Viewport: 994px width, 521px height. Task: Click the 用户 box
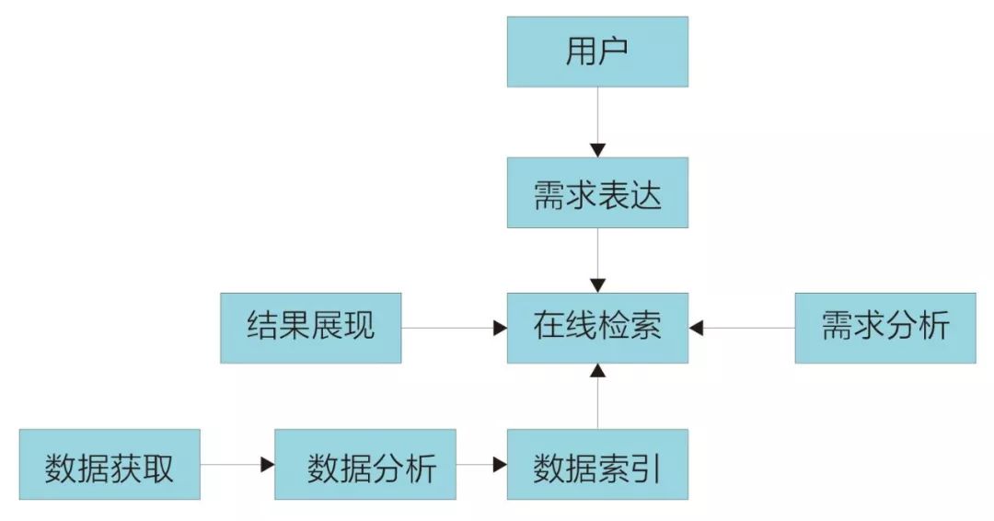click(x=597, y=52)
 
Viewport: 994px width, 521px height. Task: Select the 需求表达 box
click(x=597, y=192)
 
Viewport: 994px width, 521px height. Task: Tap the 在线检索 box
click(x=597, y=327)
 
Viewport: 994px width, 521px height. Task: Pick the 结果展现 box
click(x=310, y=327)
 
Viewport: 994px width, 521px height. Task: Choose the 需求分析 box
click(x=885, y=327)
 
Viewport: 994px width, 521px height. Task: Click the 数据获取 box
click(x=110, y=465)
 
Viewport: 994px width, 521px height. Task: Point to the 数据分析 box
click(x=365, y=465)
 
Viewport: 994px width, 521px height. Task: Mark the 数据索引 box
click(x=597, y=465)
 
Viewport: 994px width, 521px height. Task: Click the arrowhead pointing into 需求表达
click(x=597, y=150)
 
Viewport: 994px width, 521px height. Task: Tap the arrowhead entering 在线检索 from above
click(x=597, y=286)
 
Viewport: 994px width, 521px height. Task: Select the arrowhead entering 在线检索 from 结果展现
click(x=500, y=327)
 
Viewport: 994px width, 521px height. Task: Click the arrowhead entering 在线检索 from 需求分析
click(x=697, y=327)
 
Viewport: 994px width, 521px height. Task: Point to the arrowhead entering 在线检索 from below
click(x=597, y=370)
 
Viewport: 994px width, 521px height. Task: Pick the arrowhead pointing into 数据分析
click(x=268, y=465)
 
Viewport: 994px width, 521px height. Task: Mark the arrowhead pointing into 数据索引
click(x=500, y=465)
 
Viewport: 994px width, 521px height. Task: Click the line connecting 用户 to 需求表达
click(x=597, y=115)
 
